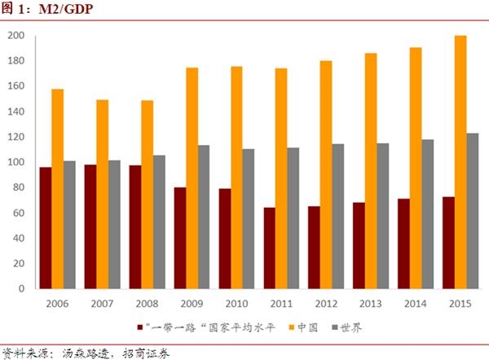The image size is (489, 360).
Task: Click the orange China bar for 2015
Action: point(460,162)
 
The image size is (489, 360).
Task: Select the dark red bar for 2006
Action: point(46,228)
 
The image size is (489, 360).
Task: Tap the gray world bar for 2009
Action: point(203,217)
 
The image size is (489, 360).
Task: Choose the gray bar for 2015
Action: point(473,211)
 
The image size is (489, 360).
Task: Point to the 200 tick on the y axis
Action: point(15,36)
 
